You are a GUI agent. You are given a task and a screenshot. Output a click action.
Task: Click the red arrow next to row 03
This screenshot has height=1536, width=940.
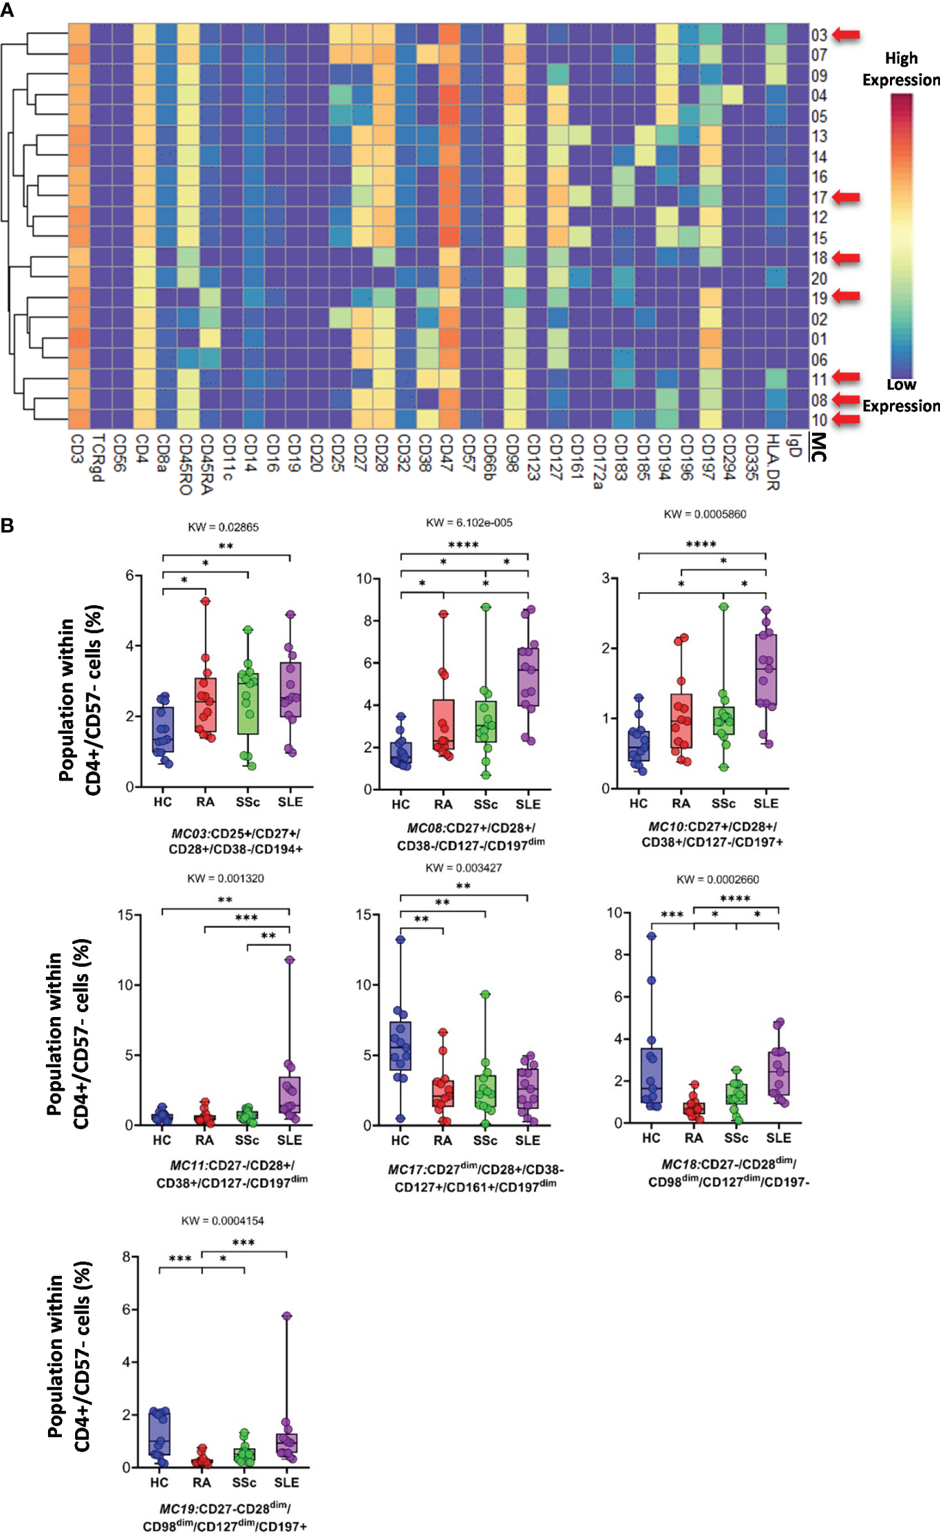(x=845, y=34)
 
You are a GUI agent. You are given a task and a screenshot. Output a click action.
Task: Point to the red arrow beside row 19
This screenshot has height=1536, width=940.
(x=845, y=296)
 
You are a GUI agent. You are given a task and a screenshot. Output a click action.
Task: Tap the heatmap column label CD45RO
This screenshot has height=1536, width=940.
(x=185, y=465)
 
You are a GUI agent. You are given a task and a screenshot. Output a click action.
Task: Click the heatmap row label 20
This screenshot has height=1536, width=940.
(x=820, y=278)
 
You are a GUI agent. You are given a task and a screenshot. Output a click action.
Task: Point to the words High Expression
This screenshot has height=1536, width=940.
(x=901, y=69)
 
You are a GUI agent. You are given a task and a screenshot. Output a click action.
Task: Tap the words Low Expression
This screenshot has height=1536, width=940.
(x=901, y=395)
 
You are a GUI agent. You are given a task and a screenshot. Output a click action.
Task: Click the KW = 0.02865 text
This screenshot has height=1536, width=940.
(x=223, y=527)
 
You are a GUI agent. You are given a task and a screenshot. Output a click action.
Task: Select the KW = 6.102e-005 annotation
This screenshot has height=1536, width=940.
(x=469, y=522)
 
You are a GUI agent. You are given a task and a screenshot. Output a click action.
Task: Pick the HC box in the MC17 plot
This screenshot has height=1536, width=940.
(x=400, y=1046)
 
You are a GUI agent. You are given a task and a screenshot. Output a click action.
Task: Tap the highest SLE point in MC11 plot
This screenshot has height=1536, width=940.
(x=289, y=960)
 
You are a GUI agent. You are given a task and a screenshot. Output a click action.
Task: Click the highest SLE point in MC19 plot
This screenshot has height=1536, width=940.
(x=286, y=1315)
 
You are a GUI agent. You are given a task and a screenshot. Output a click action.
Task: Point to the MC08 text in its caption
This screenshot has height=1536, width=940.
(x=425, y=828)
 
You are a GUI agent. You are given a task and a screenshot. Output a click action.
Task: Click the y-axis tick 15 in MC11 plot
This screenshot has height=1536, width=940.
(x=125, y=915)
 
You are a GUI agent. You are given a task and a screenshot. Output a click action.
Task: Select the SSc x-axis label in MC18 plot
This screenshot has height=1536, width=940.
(x=736, y=1138)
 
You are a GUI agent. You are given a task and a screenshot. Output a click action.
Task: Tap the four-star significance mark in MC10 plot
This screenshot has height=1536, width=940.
(x=701, y=544)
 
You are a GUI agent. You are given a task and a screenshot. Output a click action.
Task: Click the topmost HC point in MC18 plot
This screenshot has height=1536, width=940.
(x=651, y=936)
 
